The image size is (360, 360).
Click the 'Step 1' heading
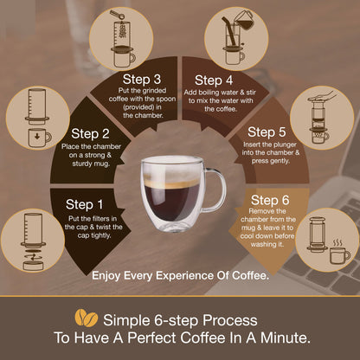84,204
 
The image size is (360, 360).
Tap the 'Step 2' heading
90,133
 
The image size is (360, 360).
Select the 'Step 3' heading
142,80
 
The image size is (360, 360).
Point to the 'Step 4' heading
214,80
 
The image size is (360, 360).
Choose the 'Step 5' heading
267,132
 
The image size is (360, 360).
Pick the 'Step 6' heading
270,200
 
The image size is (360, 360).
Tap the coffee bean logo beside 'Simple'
87,318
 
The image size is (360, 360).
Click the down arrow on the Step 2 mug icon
37,136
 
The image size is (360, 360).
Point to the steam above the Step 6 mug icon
337,242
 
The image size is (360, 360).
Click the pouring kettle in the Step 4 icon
243,19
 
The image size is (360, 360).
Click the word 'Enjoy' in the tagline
106,276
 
